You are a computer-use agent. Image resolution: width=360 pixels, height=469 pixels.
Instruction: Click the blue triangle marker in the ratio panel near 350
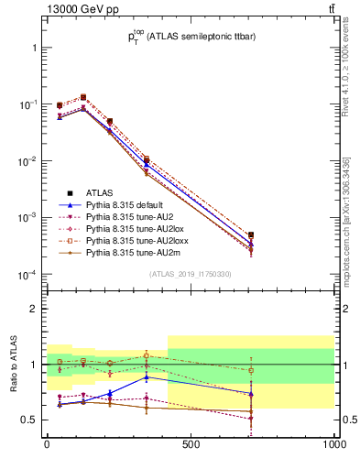tap(147, 376)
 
